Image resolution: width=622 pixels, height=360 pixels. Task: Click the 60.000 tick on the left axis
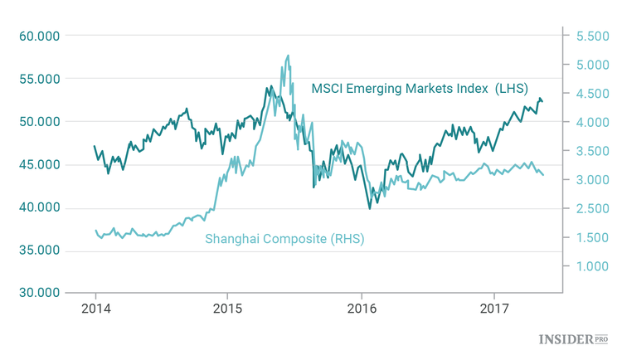(x=38, y=36)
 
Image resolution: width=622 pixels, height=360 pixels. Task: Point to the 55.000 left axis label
(x=38, y=79)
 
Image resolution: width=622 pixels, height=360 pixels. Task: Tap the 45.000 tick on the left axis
(x=38, y=164)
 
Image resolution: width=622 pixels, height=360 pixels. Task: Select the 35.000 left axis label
(x=38, y=250)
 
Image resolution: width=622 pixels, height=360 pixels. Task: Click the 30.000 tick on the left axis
(x=38, y=292)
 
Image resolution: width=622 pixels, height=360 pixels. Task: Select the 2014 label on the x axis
(x=95, y=309)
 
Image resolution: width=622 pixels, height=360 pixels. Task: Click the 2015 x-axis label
(x=228, y=309)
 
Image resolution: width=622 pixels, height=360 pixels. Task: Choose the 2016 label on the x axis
(x=362, y=309)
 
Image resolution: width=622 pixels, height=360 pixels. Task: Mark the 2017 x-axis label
(x=494, y=309)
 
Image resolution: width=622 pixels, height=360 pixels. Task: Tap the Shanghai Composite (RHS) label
(x=285, y=239)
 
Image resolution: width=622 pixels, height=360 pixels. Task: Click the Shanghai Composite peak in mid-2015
(x=288, y=56)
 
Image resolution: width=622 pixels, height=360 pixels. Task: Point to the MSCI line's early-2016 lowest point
(x=370, y=207)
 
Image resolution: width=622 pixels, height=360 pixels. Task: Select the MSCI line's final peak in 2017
(x=540, y=99)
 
